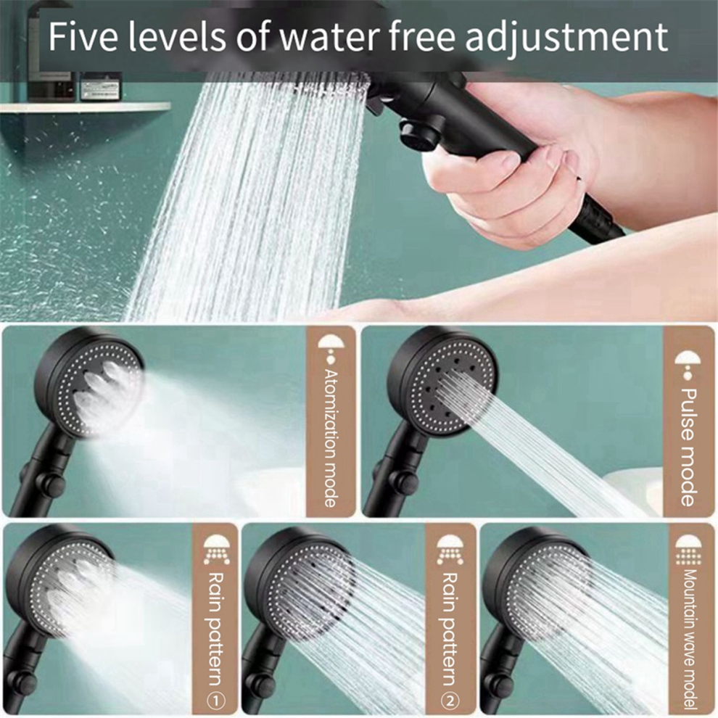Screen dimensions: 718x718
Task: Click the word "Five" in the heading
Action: pyautogui.click(x=83, y=37)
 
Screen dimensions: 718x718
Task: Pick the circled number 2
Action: pyautogui.click(x=450, y=700)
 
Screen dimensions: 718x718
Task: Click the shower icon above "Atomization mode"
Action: pyautogui.click(x=331, y=347)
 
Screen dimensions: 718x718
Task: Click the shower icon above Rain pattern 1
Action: pyautogui.click(x=217, y=550)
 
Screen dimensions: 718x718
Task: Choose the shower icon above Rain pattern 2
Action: pyautogui.click(x=450, y=550)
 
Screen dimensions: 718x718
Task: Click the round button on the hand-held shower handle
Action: pyautogui.click(x=416, y=133)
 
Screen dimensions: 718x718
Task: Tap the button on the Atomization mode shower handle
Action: pyautogui.click(x=49, y=482)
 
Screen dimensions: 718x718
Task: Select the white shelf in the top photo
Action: pyautogui.click(x=85, y=107)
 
